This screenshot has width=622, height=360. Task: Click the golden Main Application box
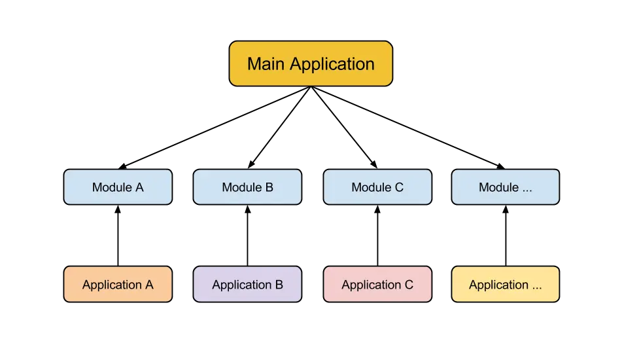tap(311, 63)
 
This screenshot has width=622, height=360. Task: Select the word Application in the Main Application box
tap(332, 64)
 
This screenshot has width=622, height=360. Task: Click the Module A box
tap(118, 187)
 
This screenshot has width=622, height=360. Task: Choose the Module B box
tap(247, 187)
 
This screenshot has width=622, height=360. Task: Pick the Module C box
tap(377, 187)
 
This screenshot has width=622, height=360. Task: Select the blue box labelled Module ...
tap(505, 187)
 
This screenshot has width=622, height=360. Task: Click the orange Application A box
tap(118, 285)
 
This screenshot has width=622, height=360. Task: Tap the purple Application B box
tap(247, 285)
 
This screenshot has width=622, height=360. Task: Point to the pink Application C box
tap(377, 285)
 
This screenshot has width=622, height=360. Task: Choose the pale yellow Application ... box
tap(505, 285)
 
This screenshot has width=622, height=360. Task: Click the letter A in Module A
tap(139, 187)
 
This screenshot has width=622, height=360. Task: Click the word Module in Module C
tap(370, 187)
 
